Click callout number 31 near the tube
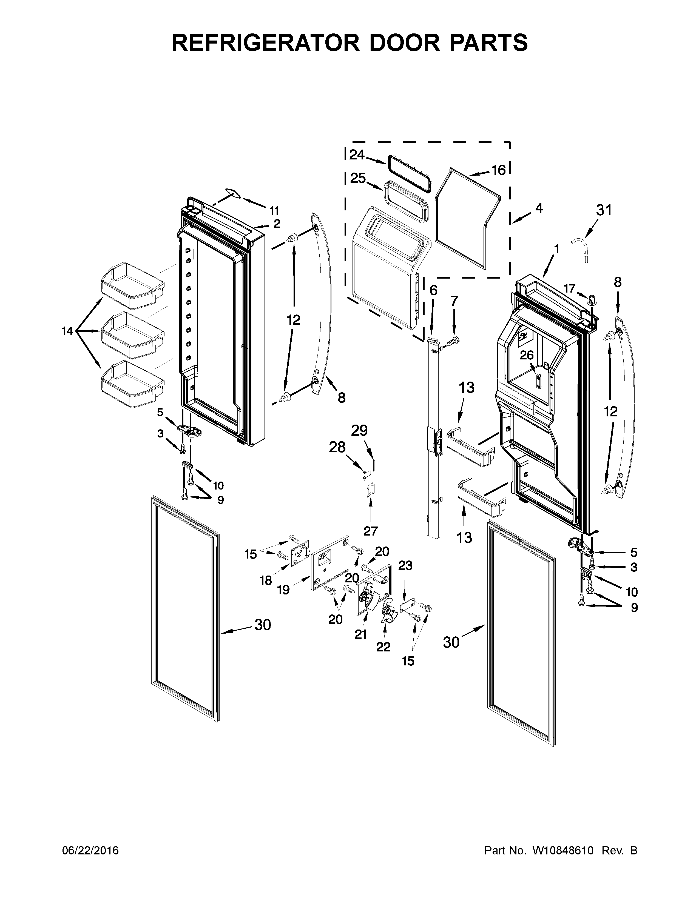point(603,210)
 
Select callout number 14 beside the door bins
point(67,331)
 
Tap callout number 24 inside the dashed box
point(357,155)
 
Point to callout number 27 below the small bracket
point(370,530)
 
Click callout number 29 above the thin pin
point(359,431)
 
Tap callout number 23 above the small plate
point(405,565)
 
